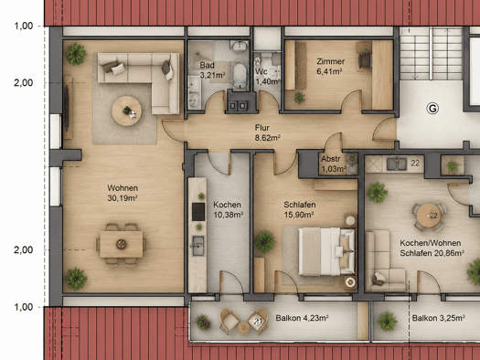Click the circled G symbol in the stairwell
[x=432, y=109]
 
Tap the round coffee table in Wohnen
[x=127, y=111]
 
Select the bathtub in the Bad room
[x=240, y=75]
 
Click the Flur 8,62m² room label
[x=268, y=132]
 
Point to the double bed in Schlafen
[x=327, y=251]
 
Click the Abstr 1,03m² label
[x=334, y=164]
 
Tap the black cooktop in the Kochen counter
[x=198, y=212]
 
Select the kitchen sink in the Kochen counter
[x=198, y=246]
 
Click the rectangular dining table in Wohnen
[x=122, y=244]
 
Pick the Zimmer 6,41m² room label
[x=330, y=66]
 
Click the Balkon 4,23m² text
[x=302, y=318]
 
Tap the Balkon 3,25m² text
[x=438, y=318]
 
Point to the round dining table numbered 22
[x=429, y=216]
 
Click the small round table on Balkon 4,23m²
[x=244, y=328]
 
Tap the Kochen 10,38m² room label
[x=228, y=209]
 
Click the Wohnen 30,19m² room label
[x=123, y=193]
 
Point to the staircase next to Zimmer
[x=431, y=54]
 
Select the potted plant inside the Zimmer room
[x=300, y=98]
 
